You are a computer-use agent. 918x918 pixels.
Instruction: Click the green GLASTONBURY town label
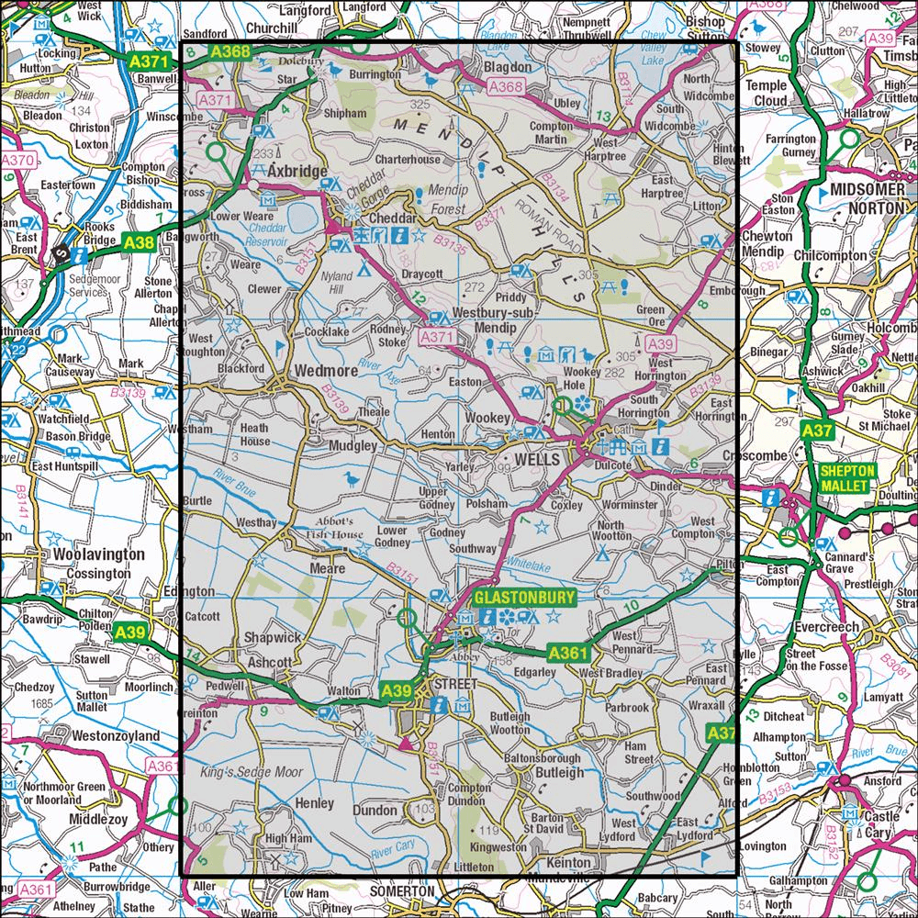pyautogui.click(x=524, y=599)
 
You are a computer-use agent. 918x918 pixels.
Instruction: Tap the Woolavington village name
pyautogui.click(x=98, y=555)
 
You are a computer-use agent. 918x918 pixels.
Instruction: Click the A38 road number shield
pyautogui.click(x=140, y=242)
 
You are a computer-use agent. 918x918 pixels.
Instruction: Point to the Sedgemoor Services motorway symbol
pyautogui.click(x=62, y=254)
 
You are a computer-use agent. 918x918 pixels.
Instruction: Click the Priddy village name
pyautogui.click(x=510, y=297)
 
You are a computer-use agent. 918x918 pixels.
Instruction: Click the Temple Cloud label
pyautogui.click(x=767, y=93)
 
